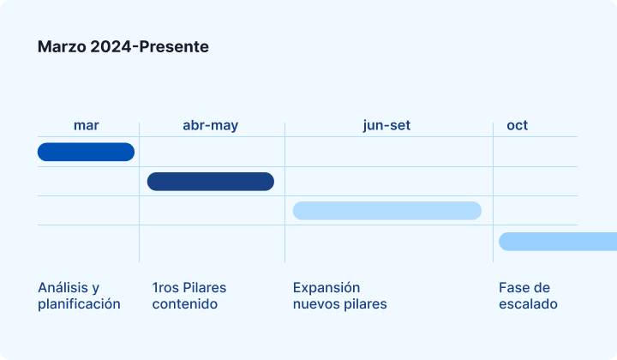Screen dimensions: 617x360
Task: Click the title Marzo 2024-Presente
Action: pos(123,47)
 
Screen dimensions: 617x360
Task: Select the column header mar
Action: pos(87,125)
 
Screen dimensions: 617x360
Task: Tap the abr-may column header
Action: pos(211,125)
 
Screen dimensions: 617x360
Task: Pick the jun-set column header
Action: pos(386,125)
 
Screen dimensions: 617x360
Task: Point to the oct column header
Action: pos(517,125)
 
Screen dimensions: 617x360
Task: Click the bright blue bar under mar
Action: pos(87,152)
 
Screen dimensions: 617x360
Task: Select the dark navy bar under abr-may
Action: pos(211,182)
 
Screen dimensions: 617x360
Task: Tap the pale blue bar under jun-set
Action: pos(387,211)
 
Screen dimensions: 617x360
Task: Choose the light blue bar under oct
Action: pos(558,242)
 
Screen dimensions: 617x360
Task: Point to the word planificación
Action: pos(79,304)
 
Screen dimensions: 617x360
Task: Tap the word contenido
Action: pos(185,304)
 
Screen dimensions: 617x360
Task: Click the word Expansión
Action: pos(326,288)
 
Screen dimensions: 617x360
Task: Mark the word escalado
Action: pos(528,304)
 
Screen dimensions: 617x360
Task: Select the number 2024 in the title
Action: pos(111,47)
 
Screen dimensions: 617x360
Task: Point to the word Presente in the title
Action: pos(174,47)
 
